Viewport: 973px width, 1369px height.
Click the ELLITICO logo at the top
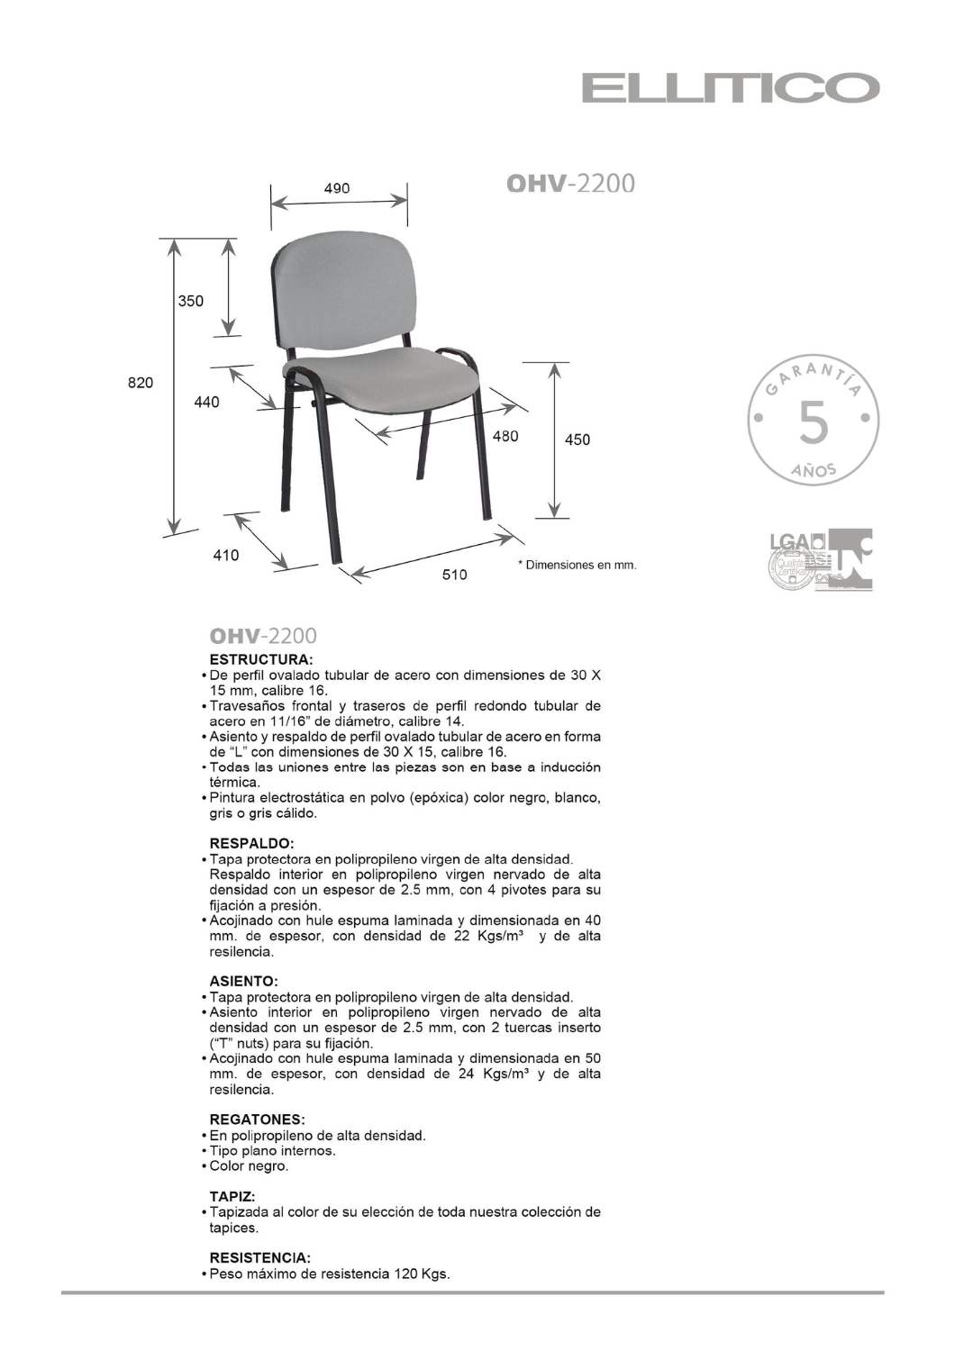click(x=730, y=88)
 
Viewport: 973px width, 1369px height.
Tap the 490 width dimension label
click(x=337, y=188)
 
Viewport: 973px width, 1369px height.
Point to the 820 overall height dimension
click(x=140, y=383)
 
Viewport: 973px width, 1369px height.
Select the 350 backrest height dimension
click(x=190, y=301)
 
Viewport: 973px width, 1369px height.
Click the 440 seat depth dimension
click(x=206, y=402)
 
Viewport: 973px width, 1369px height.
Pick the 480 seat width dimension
click(x=505, y=436)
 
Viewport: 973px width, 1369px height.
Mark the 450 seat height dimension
click(x=577, y=440)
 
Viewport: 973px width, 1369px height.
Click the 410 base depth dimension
click(x=226, y=555)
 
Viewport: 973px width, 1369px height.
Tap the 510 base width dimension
click(x=454, y=574)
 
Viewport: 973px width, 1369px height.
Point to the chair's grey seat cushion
click(x=378, y=382)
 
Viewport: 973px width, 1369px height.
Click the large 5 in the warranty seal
click(x=813, y=422)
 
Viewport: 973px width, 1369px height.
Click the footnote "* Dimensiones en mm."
click(x=577, y=566)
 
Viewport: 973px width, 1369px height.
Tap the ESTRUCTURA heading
click(x=261, y=658)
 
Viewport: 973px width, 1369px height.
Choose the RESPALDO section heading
click(x=252, y=843)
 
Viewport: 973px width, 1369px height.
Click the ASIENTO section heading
click(x=243, y=981)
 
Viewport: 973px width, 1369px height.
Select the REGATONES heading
click(x=257, y=1120)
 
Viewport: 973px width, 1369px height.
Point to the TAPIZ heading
click(x=232, y=1196)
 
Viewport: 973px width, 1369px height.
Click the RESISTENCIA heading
click(x=259, y=1257)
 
